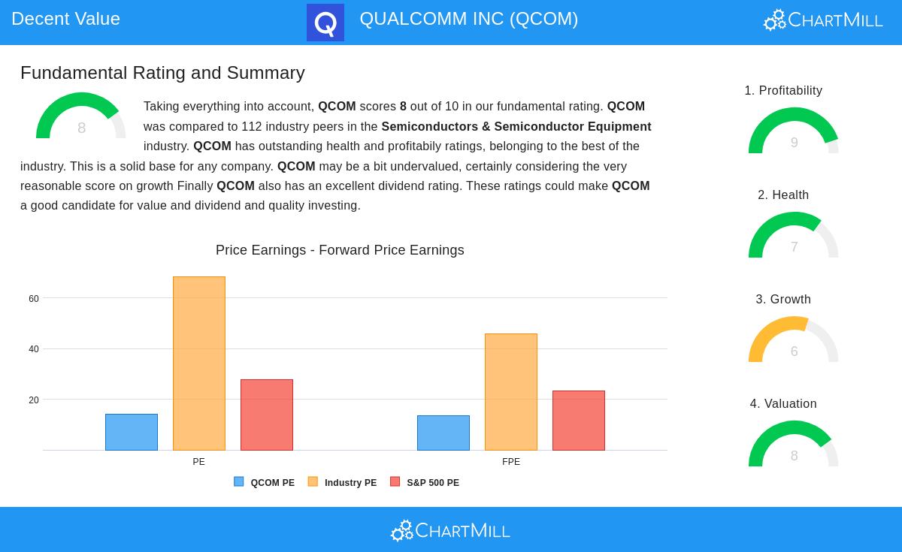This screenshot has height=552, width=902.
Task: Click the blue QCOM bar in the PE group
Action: click(132, 432)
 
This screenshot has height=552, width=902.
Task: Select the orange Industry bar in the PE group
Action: click(199, 363)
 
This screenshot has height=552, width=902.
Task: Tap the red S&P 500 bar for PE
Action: click(267, 415)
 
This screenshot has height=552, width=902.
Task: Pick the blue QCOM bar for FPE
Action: click(443, 433)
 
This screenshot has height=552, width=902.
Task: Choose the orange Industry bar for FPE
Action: click(511, 392)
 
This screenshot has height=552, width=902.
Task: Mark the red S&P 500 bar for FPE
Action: click(579, 421)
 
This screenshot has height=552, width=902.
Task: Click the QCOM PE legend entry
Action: click(265, 483)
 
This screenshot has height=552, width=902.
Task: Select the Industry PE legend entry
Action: click(343, 483)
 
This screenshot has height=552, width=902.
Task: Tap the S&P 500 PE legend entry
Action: click(425, 483)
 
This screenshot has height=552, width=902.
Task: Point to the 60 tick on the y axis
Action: click(34, 299)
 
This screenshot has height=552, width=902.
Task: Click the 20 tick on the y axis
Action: click(34, 400)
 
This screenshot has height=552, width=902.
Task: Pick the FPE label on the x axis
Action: click(511, 462)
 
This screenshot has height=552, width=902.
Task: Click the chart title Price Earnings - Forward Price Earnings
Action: click(340, 250)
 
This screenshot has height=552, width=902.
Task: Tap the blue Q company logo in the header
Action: click(325, 23)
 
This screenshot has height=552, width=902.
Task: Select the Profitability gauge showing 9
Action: click(794, 132)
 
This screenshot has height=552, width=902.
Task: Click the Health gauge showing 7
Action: click(794, 237)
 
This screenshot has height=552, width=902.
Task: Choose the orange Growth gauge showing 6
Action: click(794, 341)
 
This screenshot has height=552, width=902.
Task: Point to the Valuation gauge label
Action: click(783, 404)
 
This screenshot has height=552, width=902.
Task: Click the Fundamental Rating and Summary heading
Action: click(162, 73)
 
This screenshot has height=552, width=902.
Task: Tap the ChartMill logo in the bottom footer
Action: click(450, 530)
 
